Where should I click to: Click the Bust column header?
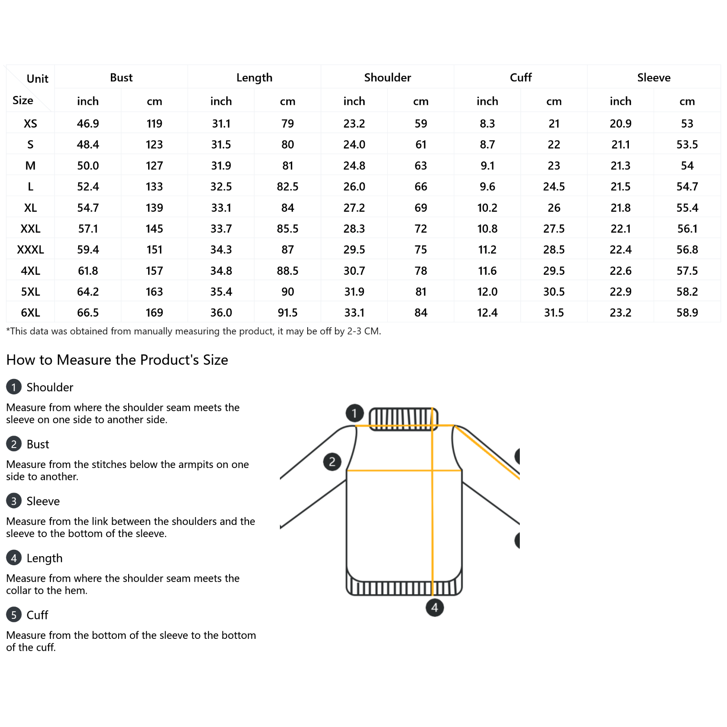tap(121, 78)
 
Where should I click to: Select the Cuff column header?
tap(520, 78)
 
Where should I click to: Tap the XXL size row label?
tap(30, 229)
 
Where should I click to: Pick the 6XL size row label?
tap(30, 313)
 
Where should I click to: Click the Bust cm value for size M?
tap(154, 166)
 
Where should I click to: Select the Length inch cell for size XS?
tap(221, 124)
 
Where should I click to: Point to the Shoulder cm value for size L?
tap(421, 187)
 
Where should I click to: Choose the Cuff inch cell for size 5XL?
tap(487, 292)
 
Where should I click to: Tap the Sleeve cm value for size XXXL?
tap(687, 249)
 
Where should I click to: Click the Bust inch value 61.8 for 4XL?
tap(88, 271)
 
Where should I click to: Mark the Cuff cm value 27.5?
tap(553, 229)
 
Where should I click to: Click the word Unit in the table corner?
tap(37, 79)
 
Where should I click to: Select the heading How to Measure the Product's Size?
tap(117, 360)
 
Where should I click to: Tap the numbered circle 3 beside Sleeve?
tap(14, 501)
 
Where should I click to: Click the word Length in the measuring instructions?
tap(45, 558)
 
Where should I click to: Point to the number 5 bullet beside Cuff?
tap(14, 615)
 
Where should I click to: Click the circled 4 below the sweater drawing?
tap(434, 607)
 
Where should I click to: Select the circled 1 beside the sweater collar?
tap(354, 413)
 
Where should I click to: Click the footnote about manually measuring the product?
tap(194, 331)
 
